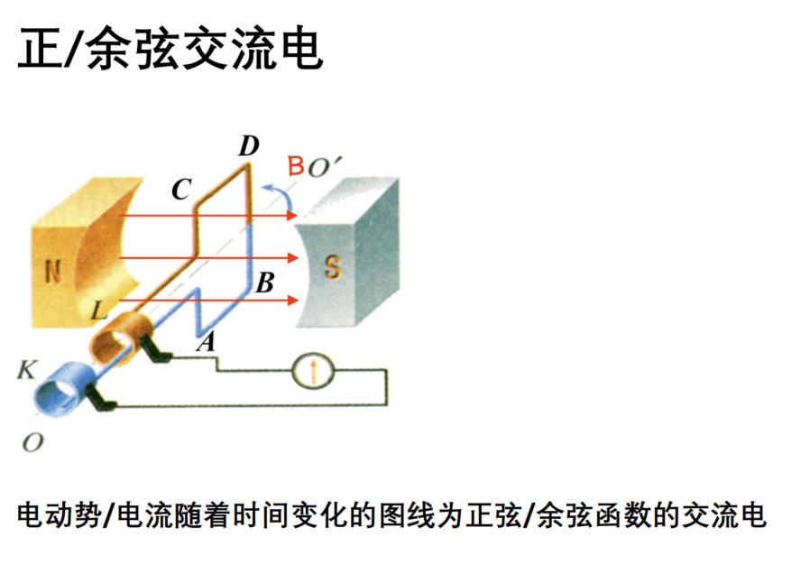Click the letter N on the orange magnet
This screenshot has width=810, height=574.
coord(53,272)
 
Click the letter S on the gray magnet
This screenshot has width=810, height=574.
coord(333,267)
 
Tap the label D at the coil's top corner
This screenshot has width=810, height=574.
coord(248,146)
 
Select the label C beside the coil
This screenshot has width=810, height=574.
coord(181,190)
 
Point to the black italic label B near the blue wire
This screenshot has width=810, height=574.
coord(265,282)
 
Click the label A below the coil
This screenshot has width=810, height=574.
coord(206,341)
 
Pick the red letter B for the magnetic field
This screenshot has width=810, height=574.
coord(296,166)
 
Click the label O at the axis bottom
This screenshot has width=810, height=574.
coord(32,443)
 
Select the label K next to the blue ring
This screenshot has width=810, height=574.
coord(27,369)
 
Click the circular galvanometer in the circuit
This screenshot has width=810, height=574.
coord(313,370)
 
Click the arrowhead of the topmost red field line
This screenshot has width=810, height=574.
coord(292,215)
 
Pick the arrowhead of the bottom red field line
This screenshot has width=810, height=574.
coord(293,300)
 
